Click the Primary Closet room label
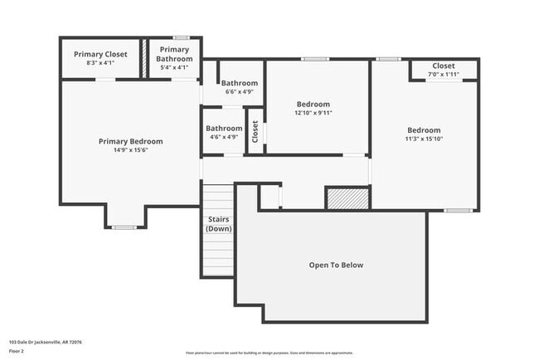pyautogui.click(x=100, y=54)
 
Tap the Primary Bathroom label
pyautogui.click(x=175, y=54)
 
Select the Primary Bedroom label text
pyautogui.click(x=131, y=141)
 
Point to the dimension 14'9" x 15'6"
pyautogui.click(x=131, y=150)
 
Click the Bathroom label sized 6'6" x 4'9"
pyautogui.click(x=239, y=83)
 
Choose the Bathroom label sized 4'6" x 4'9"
pyautogui.click(x=224, y=129)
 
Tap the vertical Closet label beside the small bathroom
pyautogui.click(x=255, y=131)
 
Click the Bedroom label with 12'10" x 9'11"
pyautogui.click(x=313, y=105)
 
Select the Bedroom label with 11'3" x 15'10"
pyautogui.click(x=424, y=130)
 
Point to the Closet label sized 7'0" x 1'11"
pyautogui.click(x=444, y=66)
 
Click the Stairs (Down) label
pyautogui.click(x=218, y=223)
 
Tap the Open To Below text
pyautogui.click(x=336, y=265)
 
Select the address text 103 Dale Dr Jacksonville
pyautogui.click(x=45, y=342)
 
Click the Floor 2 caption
pyautogui.click(x=17, y=351)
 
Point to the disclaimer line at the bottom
pyautogui.click(x=269, y=353)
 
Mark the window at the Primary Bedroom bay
pyautogui.click(x=124, y=226)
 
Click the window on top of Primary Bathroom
pyautogui.click(x=180, y=37)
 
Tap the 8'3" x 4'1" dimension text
pyautogui.click(x=100, y=63)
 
